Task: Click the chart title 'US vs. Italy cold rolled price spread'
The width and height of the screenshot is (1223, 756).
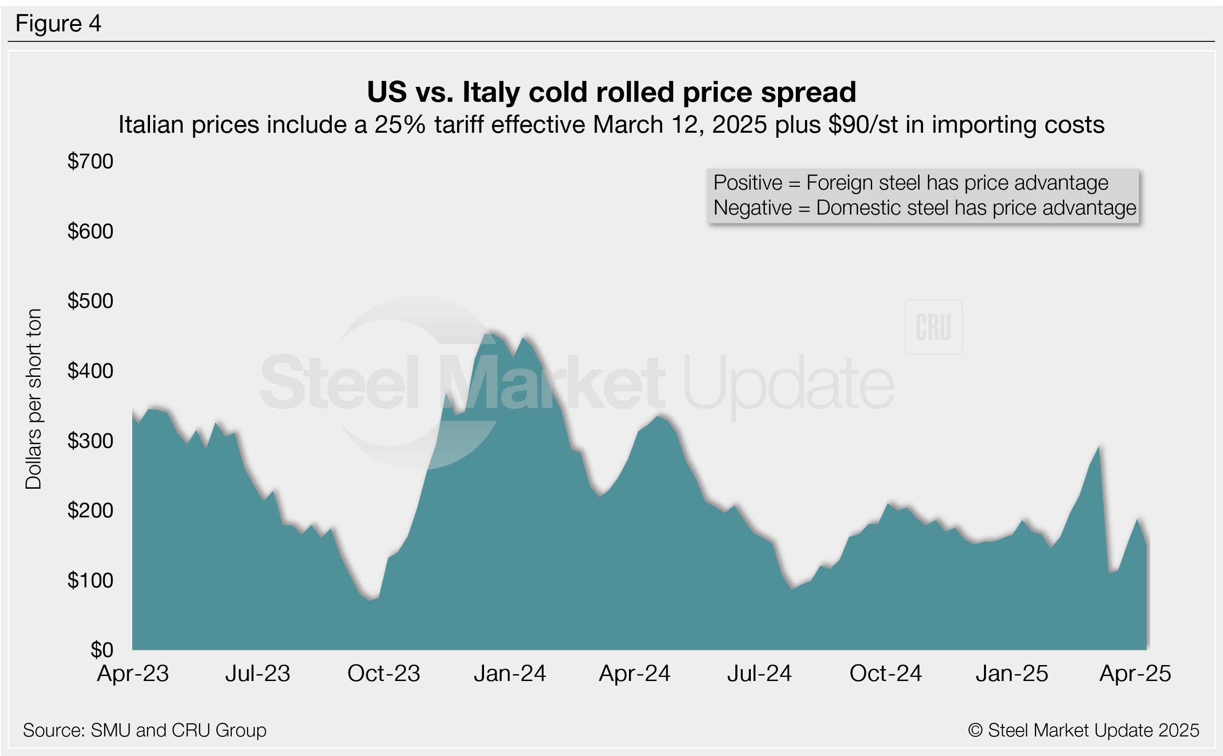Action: (x=611, y=92)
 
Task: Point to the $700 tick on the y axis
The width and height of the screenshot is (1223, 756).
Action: (x=90, y=161)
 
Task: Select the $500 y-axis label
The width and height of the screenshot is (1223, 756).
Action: (x=90, y=301)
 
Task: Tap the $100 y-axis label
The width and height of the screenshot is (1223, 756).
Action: (x=90, y=581)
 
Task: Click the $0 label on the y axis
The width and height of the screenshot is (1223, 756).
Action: (x=101, y=650)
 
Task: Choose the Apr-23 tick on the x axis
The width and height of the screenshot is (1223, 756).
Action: (x=133, y=674)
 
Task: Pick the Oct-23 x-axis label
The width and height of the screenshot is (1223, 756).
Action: (x=384, y=674)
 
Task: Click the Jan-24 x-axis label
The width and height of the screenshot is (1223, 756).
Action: (x=510, y=674)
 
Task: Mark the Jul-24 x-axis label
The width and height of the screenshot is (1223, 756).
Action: (x=759, y=674)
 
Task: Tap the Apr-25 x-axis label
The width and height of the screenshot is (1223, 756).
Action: (x=1135, y=674)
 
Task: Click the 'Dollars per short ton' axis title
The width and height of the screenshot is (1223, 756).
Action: (x=34, y=399)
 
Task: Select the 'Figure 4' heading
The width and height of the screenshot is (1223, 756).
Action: (x=59, y=24)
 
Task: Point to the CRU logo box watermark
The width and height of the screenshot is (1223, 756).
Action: (x=933, y=327)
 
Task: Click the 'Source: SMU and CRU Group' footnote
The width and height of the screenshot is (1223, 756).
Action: (x=145, y=731)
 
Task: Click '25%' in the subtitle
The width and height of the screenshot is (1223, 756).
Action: (x=399, y=125)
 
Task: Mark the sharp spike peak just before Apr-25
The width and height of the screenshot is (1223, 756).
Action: (x=1098, y=446)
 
